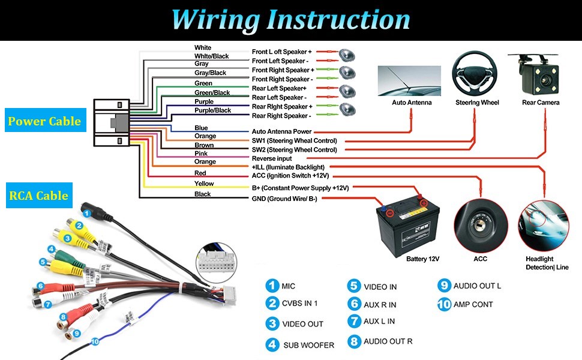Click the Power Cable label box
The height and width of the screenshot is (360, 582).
coord(44,121)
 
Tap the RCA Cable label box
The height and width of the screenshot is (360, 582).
coord(38,196)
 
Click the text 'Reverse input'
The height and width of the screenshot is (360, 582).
coord(272,158)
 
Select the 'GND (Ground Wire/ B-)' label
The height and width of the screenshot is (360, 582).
coord(284,199)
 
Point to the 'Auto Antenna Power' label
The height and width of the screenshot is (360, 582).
coord(281,131)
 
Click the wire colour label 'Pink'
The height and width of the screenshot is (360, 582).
coord(201,154)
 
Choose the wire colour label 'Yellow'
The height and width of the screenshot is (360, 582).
coord(204,184)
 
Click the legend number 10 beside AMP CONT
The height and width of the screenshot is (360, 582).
coord(444,304)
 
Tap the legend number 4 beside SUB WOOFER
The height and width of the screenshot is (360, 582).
coord(273,344)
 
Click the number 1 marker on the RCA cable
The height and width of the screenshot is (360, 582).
coord(87,212)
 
